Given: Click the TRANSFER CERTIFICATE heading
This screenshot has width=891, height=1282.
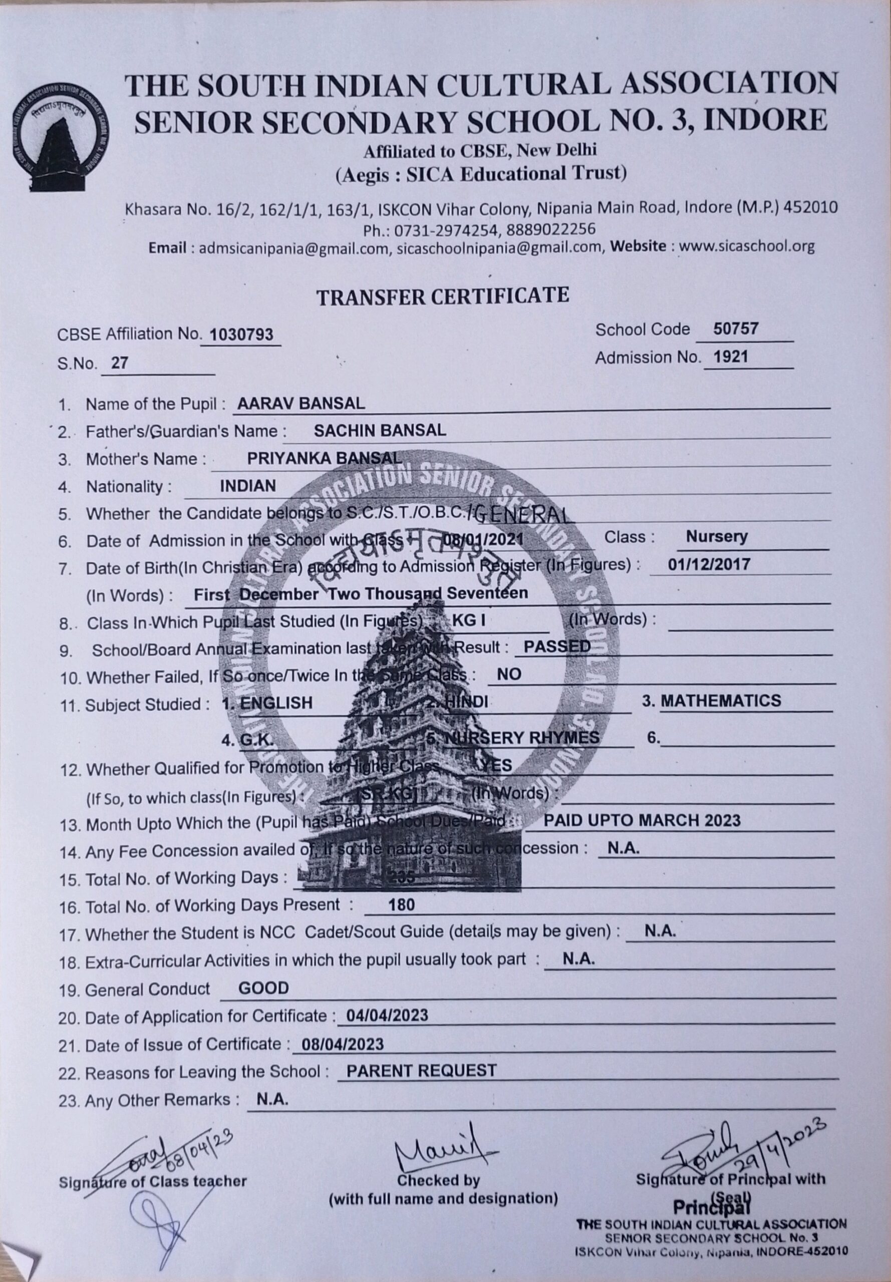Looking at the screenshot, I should (443, 296).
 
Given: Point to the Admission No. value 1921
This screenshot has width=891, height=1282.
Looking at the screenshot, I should (731, 357).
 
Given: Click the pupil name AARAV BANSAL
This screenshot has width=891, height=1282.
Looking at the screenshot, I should (301, 404).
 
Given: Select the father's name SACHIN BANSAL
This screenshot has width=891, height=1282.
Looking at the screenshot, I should (380, 430).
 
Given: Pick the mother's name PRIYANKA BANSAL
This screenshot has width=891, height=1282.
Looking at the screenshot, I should (324, 458).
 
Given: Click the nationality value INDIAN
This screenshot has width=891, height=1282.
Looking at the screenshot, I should (248, 486).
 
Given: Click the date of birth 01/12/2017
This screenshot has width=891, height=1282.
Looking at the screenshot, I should (709, 564).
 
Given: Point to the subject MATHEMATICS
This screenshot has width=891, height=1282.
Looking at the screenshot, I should (720, 701).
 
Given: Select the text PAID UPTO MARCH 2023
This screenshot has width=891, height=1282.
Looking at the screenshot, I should (642, 820).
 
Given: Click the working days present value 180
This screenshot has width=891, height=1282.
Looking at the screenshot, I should (402, 905).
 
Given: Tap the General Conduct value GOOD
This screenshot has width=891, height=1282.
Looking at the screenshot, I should (263, 989).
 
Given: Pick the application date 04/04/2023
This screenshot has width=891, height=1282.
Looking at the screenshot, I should (387, 1015).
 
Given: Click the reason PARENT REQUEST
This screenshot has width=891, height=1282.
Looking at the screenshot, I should (421, 1071).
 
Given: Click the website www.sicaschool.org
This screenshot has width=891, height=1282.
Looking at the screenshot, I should (747, 246).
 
